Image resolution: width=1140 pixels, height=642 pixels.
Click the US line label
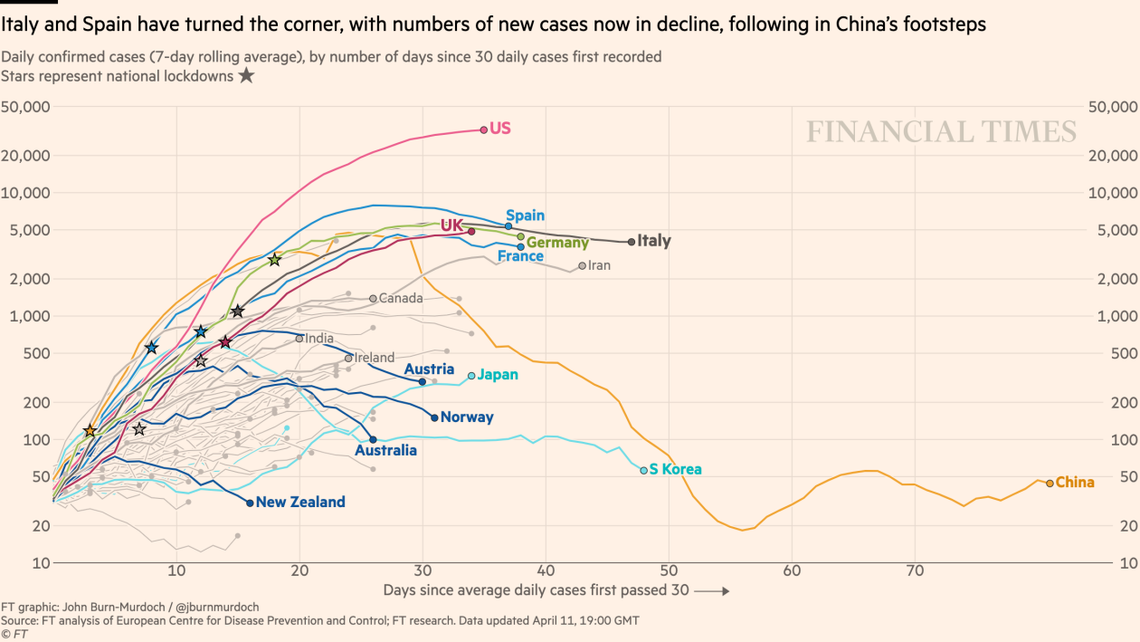coord(499,129)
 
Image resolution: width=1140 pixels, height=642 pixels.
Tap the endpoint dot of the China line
coord(1050,484)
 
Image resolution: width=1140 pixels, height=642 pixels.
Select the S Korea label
coord(675,470)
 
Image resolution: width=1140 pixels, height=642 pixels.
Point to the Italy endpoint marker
coord(632,242)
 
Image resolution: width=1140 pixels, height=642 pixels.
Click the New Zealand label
coord(300,503)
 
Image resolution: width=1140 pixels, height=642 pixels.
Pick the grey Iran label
coord(599,265)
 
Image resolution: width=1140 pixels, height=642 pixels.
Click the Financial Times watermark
coord(941,132)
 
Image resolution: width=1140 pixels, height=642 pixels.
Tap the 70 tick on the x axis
coord(915,572)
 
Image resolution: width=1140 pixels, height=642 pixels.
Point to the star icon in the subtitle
coord(246,76)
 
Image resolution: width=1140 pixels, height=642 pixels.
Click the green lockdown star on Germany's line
coord(275,260)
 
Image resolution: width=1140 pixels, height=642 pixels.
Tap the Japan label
coord(498,375)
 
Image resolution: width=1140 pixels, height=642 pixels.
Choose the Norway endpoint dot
coord(434,417)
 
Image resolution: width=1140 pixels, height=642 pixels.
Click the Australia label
coord(385,451)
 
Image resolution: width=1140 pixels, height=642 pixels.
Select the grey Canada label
coord(401,298)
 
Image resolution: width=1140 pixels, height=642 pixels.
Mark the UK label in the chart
coord(451,225)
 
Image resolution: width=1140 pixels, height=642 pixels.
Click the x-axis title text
coord(536,590)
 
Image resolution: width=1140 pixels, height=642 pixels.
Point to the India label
coord(319,339)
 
